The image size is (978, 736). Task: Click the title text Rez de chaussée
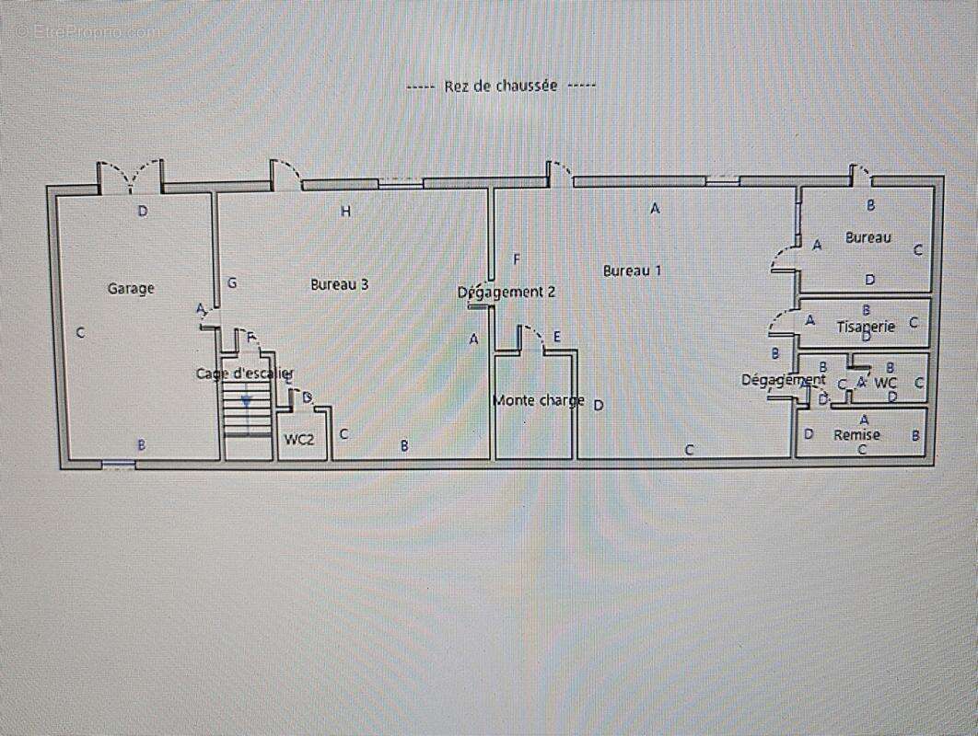tap(501, 86)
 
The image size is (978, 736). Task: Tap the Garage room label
tap(131, 289)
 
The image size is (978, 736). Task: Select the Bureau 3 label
tap(340, 285)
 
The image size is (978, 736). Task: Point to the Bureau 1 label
tap(633, 270)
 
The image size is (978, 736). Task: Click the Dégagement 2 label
tap(506, 293)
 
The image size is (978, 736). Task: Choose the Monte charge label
tap(538, 400)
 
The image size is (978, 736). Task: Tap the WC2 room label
tap(298, 440)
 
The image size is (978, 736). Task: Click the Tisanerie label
tap(866, 327)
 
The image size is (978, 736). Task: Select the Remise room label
tap(856, 435)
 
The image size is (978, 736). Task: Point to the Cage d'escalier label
tap(244, 374)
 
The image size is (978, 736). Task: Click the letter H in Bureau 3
tap(346, 212)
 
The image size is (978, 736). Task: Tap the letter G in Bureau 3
tap(232, 283)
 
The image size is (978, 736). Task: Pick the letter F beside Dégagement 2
tap(518, 259)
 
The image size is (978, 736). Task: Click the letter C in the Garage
tap(80, 333)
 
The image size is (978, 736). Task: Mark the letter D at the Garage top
tap(143, 211)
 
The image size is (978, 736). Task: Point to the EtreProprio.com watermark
tap(87, 30)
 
